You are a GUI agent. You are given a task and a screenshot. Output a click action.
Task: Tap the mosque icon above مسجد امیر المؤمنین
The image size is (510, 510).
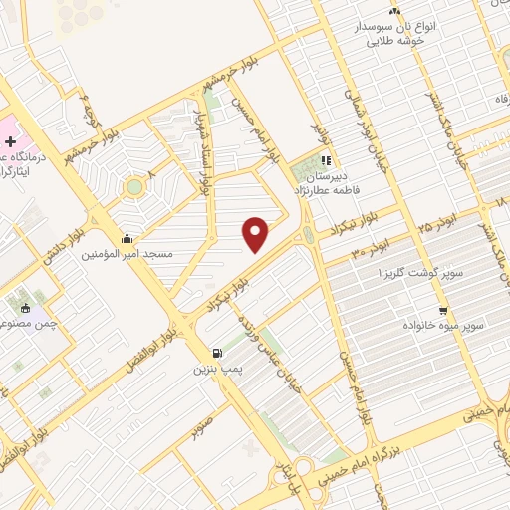(127, 239)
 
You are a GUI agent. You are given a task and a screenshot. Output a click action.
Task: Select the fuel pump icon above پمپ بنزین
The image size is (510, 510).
(217, 353)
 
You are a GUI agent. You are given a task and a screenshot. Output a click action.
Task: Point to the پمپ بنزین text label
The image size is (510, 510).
(217, 369)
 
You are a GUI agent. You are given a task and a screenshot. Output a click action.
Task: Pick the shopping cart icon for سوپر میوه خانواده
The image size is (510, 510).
(443, 310)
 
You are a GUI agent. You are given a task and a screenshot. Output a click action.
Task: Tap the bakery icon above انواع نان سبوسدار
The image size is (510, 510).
(395, 12)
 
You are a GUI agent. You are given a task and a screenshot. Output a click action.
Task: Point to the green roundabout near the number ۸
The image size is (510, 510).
(133, 185)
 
